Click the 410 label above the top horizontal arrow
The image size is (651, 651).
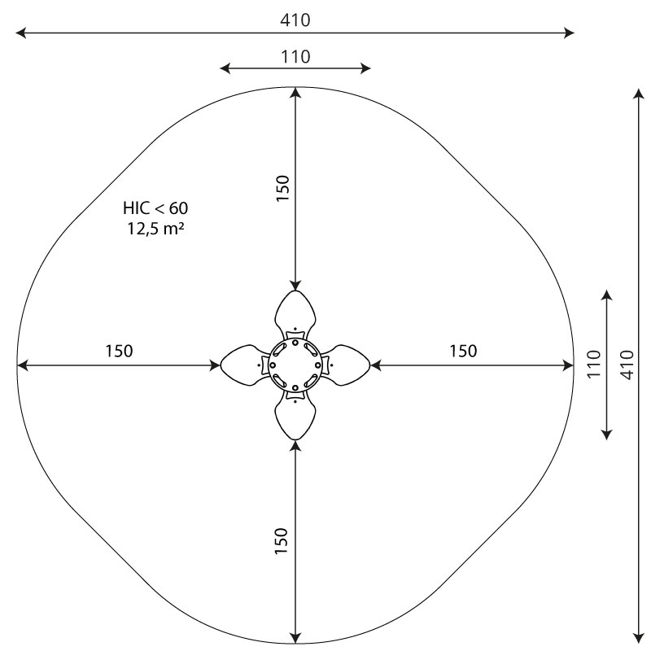pos(295,20)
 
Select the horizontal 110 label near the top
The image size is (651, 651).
pos(295,57)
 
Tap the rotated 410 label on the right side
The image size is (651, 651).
pos(627,365)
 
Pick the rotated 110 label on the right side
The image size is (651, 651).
pos(595,364)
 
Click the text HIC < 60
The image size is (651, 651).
pos(155,208)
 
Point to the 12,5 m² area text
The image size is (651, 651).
pos(155,229)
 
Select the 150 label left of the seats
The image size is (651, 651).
pos(119,352)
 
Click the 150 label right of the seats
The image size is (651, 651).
pos(463,352)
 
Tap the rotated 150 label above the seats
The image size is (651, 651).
pos(282,189)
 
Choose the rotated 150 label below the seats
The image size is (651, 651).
pos(282,540)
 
